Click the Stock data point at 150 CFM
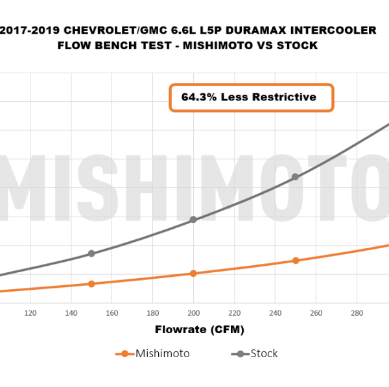click(91, 253)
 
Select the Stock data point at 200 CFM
click(193, 220)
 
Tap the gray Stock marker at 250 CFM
click(296, 176)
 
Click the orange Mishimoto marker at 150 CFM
click(91, 284)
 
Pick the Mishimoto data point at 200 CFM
click(193, 274)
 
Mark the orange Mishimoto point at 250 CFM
click(296, 261)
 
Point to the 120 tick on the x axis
click(30, 313)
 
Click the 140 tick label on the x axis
click(71, 313)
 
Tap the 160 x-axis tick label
click(112, 313)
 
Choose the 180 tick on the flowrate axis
click(152, 313)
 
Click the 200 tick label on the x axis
click(193, 313)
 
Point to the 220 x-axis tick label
click(234, 313)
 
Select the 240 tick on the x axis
click(275, 313)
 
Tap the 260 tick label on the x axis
click(316, 313)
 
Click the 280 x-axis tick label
click(357, 313)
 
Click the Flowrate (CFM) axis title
click(200, 330)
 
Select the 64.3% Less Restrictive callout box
click(252, 97)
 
